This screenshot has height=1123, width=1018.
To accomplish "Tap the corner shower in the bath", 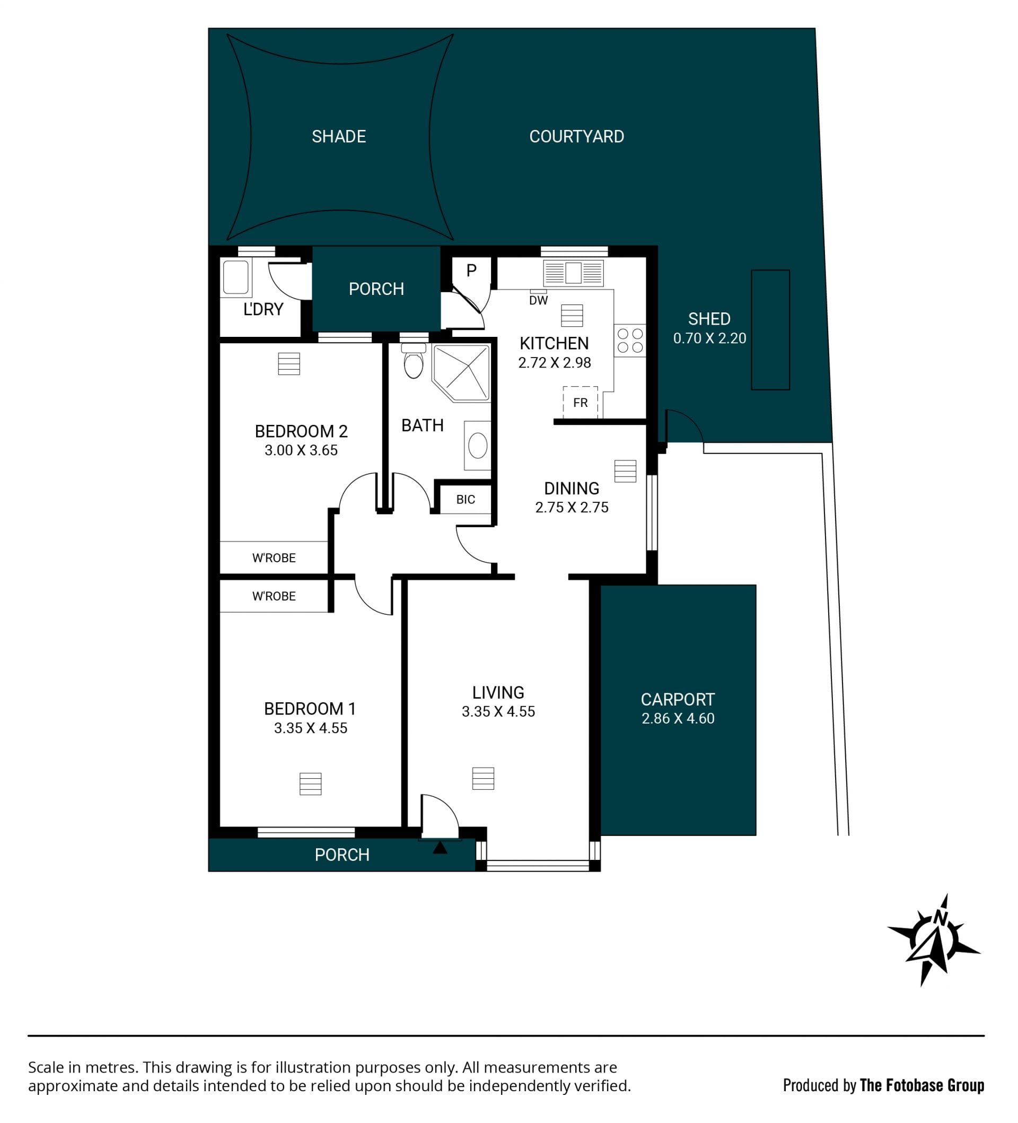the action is click(x=461, y=373).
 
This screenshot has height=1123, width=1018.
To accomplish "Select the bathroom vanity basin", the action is click(x=478, y=446).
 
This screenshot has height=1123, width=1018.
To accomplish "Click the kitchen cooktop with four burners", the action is click(x=630, y=341).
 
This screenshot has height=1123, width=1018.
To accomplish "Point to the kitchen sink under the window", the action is click(x=573, y=274).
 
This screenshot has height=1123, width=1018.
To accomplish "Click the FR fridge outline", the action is click(x=580, y=402).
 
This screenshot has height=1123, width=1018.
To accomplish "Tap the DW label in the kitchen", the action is click(x=539, y=301).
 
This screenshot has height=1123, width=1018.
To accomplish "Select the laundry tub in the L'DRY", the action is click(x=235, y=277).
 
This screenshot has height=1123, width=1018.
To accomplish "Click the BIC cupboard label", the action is click(x=466, y=500).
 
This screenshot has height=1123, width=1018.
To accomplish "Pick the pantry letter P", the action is click(x=472, y=271).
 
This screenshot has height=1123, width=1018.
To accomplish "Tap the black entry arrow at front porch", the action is click(x=440, y=847).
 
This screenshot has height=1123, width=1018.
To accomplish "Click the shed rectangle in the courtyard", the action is click(x=770, y=330).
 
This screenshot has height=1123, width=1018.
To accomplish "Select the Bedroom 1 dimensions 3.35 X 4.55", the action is click(x=311, y=728).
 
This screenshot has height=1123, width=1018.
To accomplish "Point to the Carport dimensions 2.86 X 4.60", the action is click(x=678, y=719).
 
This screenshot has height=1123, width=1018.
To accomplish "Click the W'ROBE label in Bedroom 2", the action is click(x=274, y=558).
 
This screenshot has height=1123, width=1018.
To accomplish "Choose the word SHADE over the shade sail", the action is click(x=339, y=136).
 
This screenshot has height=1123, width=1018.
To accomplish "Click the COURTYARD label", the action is click(x=576, y=136).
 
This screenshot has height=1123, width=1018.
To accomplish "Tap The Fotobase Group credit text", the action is click(x=922, y=1085).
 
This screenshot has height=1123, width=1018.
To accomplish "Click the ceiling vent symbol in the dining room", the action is click(x=625, y=471).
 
